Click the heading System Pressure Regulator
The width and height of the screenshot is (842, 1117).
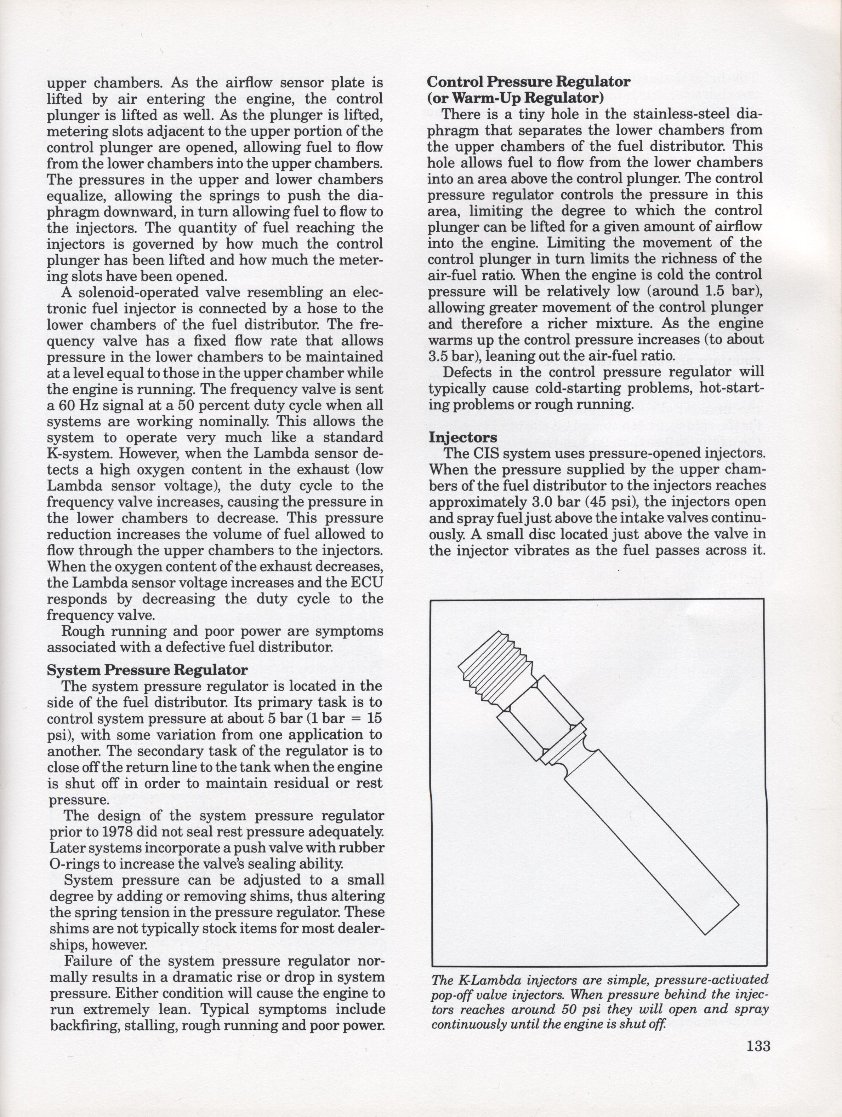point(147,670)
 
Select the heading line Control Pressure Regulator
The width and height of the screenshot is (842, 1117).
point(529,82)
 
